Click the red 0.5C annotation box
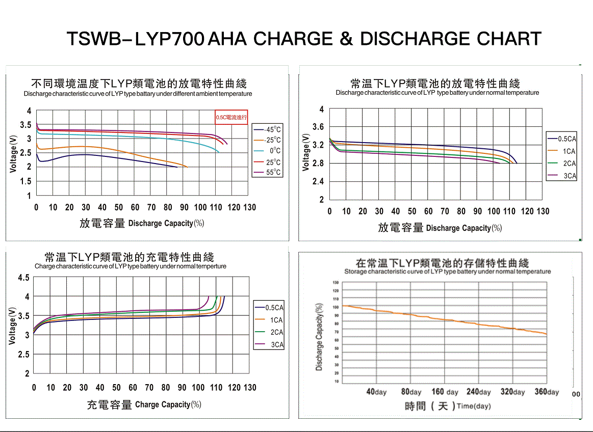pos(231,117)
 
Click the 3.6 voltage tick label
pos(319,127)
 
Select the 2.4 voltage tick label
pos(319,182)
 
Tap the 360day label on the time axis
pos(546,392)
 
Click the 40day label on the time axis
pos(377,392)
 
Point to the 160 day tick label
pos(445,392)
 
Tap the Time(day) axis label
pos(474,407)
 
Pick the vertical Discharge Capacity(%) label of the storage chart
pos(319,336)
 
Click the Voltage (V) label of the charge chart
pos(13,326)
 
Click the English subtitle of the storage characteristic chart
pos(447,272)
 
